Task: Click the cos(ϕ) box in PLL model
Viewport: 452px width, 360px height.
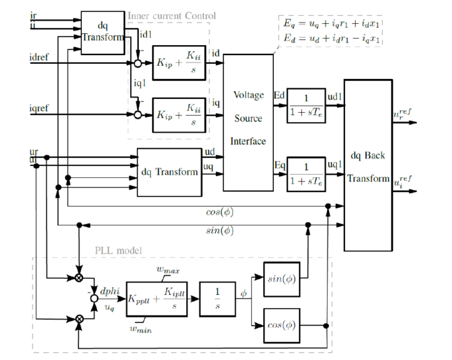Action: coord(283,325)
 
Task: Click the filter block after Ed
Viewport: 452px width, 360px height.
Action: coord(306,104)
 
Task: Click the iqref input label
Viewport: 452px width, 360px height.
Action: coord(38,107)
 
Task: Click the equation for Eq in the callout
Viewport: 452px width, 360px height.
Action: coord(331,24)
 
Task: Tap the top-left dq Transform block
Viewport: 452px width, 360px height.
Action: coord(103,31)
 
